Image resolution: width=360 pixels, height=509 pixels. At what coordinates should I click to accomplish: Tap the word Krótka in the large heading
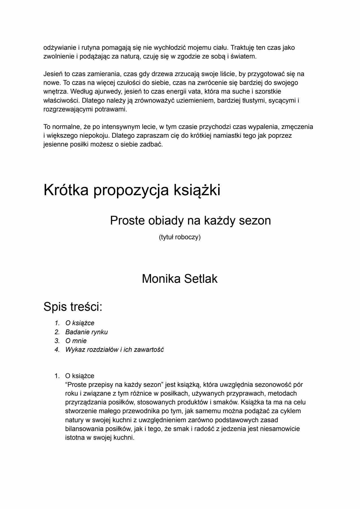66,190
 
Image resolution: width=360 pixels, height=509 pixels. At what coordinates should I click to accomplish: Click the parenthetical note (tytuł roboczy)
180,237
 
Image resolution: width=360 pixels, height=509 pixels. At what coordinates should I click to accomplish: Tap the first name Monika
161,279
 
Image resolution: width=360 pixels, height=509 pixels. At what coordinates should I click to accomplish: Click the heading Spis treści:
73,307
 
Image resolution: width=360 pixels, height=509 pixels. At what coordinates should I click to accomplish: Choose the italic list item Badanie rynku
86,332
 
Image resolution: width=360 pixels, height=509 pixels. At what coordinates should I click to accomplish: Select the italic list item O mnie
76,341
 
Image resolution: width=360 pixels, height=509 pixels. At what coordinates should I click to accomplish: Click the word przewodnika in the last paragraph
133,411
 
